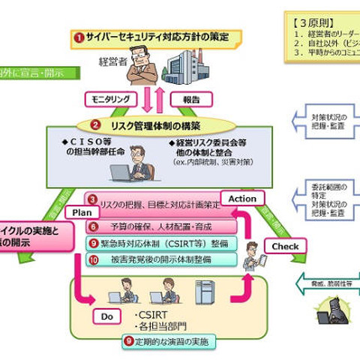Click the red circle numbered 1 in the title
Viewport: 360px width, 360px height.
pyautogui.click(x=78, y=36)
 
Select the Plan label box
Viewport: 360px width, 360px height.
pyautogui.click(x=82, y=212)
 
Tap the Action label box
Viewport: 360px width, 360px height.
pyautogui.click(x=242, y=199)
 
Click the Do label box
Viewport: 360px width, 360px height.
pyautogui.click(x=107, y=317)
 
